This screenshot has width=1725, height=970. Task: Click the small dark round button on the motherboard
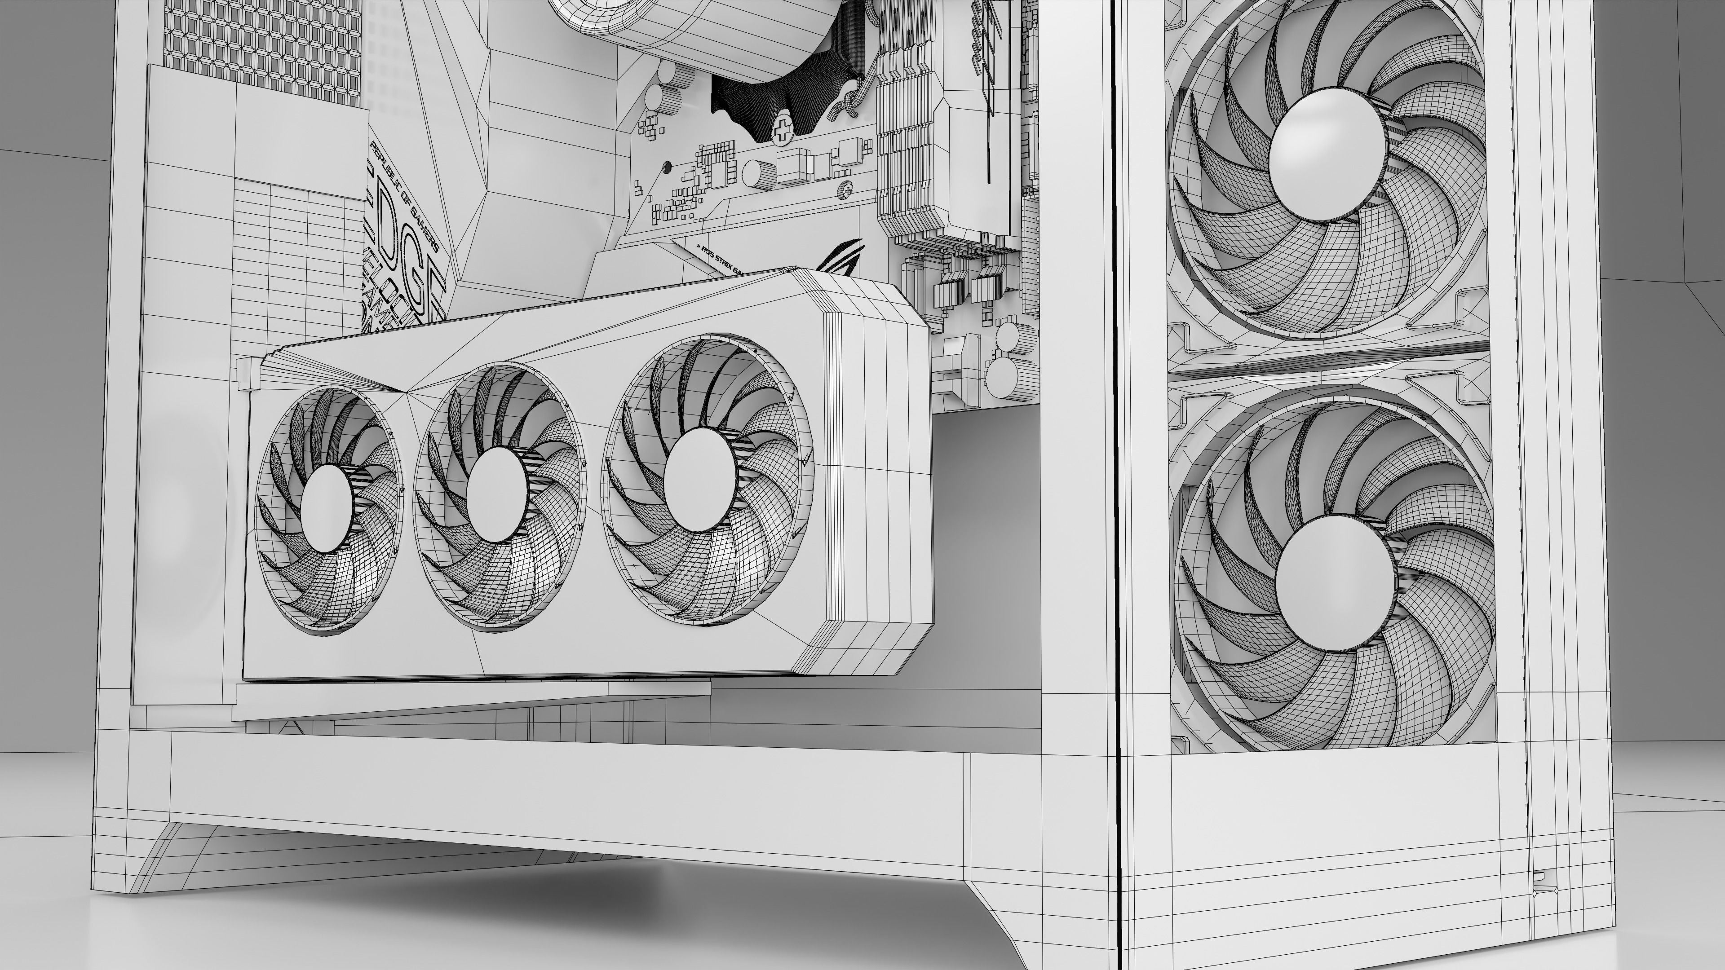pyautogui.click(x=666, y=166)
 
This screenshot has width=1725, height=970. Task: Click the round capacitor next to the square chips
pyautogui.click(x=759, y=173)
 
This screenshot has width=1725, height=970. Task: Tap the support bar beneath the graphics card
pyautogui.click(x=469, y=700)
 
